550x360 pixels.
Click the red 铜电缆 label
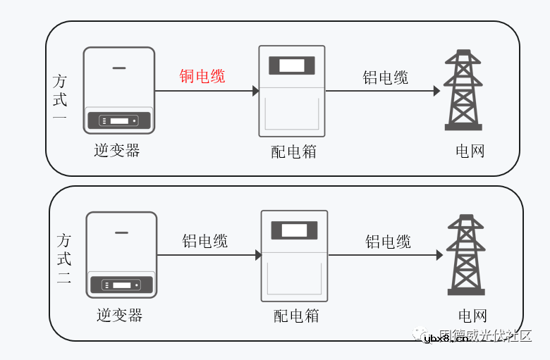(x=202, y=76)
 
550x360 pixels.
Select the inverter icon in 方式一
(x=119, y=90)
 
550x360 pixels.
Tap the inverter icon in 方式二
(x=121, y=254)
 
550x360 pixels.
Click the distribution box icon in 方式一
(x=292, y=91)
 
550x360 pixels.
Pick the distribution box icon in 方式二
(x=294, y=256)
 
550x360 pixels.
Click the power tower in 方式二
(x=465, y=254)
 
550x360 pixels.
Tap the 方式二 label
(x=63, y=259)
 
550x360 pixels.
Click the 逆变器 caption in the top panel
(x=117, y=150)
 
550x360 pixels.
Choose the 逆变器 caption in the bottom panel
(x=120, y=314)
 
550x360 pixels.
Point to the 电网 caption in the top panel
(x=470, y=151)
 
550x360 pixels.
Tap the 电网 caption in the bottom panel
(x=472, y=316)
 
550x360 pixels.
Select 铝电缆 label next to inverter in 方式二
(x=205, y=242)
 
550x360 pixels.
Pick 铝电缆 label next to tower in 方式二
(x=388, y=242)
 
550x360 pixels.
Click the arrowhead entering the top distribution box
(x=255, y=91)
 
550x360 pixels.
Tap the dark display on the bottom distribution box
(x=294, y=230)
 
